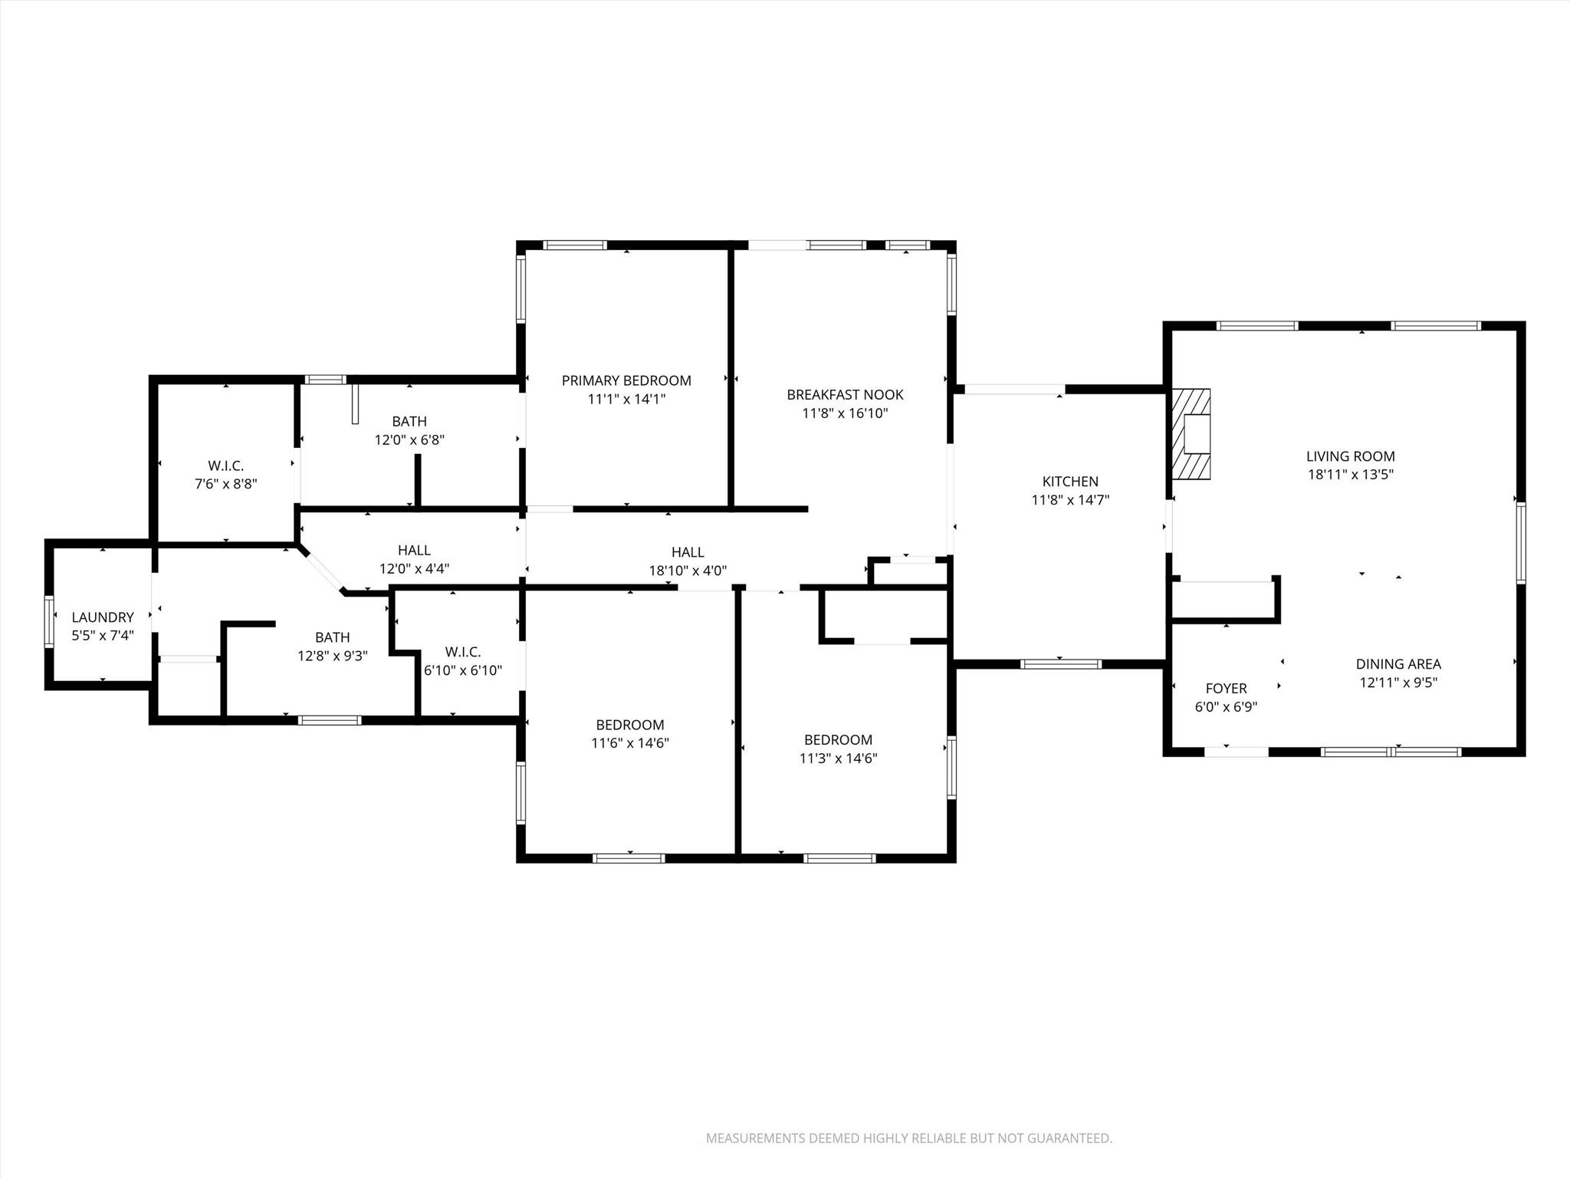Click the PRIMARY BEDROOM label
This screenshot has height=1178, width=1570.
626,380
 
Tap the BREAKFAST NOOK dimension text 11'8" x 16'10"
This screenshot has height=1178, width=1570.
845,413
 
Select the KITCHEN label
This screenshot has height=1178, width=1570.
1070,482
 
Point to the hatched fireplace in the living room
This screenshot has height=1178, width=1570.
1191,435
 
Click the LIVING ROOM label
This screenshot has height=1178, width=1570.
1350,456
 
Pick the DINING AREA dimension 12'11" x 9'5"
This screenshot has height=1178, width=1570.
1398,683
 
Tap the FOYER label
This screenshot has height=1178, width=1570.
1226,689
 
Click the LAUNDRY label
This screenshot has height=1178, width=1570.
103,617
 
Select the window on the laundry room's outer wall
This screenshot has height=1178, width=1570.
50,622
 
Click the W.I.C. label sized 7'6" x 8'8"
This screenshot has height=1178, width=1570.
225,466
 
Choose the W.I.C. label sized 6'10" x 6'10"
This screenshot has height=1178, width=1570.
463,652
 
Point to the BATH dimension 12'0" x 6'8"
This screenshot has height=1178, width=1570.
409,440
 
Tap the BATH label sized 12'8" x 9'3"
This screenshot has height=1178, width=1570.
332,637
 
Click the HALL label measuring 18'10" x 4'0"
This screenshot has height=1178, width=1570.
688,552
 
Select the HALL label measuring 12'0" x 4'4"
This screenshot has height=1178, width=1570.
414,551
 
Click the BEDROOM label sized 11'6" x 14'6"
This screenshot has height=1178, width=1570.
630,725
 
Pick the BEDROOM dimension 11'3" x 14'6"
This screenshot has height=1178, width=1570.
838,758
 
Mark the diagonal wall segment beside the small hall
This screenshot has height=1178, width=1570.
322,569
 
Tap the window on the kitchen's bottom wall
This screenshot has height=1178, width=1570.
1061,664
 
